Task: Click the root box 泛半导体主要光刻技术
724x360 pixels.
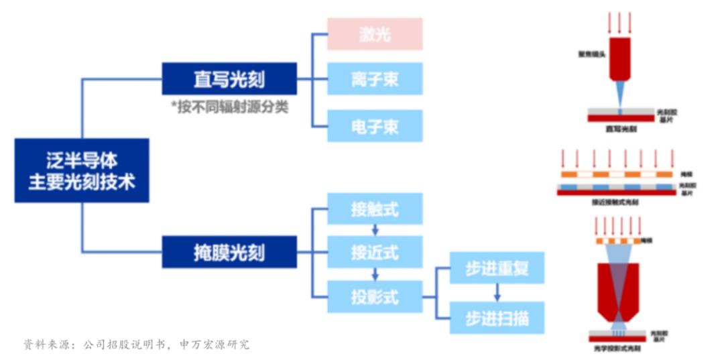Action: tap(81, 170)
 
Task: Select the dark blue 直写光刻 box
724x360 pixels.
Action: tap(229, 79)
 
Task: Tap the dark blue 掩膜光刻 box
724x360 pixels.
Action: tap(229, 253)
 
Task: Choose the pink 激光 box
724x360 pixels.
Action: tap(375, 34)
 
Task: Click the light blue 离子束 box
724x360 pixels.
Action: tap(375, 79)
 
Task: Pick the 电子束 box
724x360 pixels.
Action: tap(375, 125)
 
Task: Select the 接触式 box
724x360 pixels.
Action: tap(375, 208)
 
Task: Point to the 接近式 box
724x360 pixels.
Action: tap(375, 252)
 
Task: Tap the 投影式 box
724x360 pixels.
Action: tap(375, 296)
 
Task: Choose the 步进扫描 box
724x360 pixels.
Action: tap(497, 318)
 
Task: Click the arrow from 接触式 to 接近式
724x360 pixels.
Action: tap(375, 230)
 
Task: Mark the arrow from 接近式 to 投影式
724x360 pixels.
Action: tap(375, 274)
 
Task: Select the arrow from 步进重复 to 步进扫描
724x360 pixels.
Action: tap(497, 292)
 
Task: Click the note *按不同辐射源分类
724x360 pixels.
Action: tap(229, 107)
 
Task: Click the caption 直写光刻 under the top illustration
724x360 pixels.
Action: tap(621, 128)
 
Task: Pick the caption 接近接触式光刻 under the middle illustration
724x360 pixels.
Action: tap(615, 201)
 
